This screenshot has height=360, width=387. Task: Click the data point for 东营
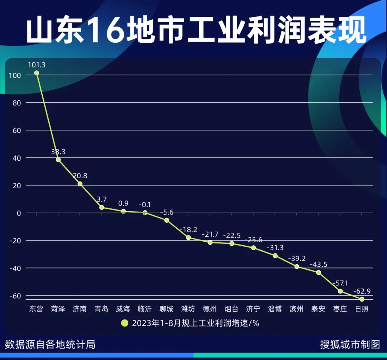click(37, 73)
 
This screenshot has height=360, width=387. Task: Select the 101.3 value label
click(37, 65)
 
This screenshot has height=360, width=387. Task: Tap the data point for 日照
click(362, 299)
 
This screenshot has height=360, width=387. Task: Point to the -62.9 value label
click(362, 291)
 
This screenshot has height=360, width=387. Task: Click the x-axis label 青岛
click(101, 309)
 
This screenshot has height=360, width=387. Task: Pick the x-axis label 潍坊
click(188, 309)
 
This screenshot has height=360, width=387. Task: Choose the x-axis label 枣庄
click(340, 309)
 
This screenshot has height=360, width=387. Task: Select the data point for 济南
click(80, 184)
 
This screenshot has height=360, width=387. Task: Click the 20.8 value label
click(80, 176)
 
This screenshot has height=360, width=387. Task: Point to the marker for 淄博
click(275, 256)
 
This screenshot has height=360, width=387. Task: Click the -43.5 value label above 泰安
click(319, 264)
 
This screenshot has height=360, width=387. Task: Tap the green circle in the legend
click(124, 323)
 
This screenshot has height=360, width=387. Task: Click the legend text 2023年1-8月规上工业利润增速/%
click(196, 323)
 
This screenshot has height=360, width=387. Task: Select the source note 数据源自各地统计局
click(50, 345)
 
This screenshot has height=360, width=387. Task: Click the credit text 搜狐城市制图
click(350, 345)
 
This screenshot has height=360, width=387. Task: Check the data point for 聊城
click(167, 220)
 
